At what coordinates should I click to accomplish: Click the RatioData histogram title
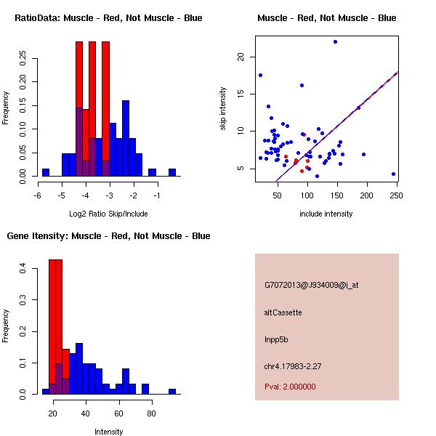(x=108, y=17)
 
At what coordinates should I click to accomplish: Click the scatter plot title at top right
(x=326, y=17)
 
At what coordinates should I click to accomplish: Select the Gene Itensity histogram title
(x=108, y=236)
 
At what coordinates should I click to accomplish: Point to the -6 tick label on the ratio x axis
(x=38, y=195)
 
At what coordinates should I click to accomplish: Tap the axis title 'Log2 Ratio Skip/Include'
(x=108, y=213)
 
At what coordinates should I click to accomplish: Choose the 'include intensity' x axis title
(x=326, y=213)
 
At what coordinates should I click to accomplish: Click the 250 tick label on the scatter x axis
(x=397, y=195)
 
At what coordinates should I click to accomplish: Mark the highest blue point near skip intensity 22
(x=335, y=41)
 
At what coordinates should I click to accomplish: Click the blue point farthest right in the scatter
(x=393, y=174)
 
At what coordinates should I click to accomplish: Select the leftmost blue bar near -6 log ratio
(x=45, y=172)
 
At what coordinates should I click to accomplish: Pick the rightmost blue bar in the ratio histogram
(x=172, y=172)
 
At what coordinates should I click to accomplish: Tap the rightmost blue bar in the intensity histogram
(x=172, y=391)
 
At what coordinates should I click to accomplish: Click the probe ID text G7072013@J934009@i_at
(x=311, y=285)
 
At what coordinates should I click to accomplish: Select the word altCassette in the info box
(x=283, y=312)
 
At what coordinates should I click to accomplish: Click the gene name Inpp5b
(x=277, y=339)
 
